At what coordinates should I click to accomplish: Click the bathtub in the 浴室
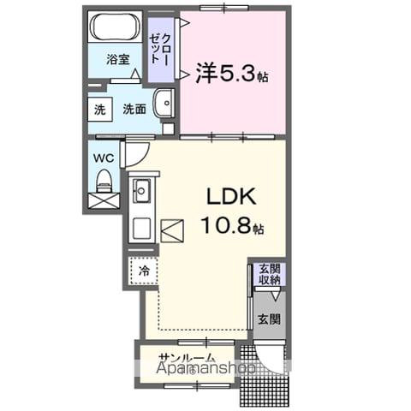[x=116, y=27]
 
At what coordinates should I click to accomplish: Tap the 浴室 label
[x=118, y=60]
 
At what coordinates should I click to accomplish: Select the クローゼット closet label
[x=160, y=50]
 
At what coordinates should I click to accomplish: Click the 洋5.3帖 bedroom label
[x=231, y=74]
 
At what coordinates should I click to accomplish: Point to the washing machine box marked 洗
[x=99, y=110]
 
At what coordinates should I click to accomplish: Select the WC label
[x=104, y=158]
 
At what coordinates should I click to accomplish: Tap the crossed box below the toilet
[x=104, y=202]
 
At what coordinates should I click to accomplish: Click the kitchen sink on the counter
[x=141, y=190]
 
